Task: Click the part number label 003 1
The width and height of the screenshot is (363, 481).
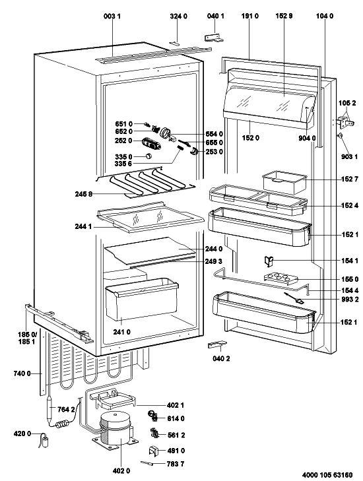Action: (112, 16)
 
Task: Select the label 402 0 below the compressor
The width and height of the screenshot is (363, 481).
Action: (121, 470)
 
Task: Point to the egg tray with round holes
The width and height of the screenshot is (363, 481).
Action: (280, 278)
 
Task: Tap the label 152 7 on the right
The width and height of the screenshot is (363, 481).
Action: (350, 179)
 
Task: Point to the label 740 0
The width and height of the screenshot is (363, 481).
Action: (22, 373)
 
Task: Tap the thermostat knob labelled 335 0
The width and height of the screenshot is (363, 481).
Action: (148, 156)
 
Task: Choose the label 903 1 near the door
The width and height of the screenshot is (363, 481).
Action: (350, 157)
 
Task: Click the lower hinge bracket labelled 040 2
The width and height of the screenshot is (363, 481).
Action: (218, 344)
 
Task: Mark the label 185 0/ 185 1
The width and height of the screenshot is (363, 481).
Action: (26, 338)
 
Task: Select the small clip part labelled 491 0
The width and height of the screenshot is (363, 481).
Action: (154, 451)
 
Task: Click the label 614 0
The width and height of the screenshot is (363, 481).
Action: (176, 418)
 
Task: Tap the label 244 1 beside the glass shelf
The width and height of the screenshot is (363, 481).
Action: (83, 227)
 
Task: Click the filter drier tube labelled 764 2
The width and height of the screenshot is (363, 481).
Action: (51, 408)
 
